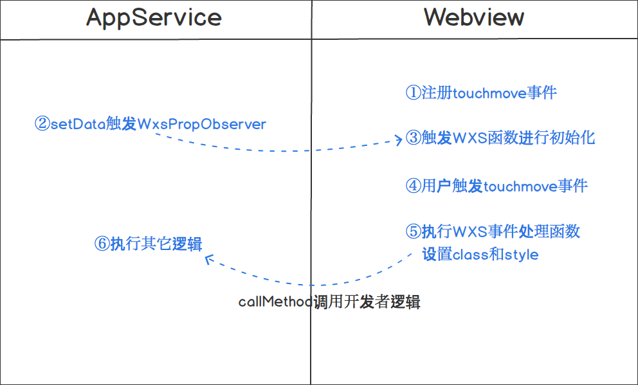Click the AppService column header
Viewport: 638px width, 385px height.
coord(154,18)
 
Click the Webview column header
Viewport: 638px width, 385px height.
coord(474,18)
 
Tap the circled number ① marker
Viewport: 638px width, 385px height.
coord(413,93)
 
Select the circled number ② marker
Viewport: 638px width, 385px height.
coord(42,124)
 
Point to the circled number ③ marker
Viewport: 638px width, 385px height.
coord(413,138)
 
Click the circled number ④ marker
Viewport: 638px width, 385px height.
coord(413,186)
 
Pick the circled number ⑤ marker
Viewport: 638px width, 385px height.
coord(413,231)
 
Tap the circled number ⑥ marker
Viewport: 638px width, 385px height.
coord(102,244)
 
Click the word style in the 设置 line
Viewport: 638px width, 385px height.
coord(522,255)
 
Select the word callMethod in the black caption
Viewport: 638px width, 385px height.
coord(275,302)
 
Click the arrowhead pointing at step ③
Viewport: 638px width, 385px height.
coord(399,140)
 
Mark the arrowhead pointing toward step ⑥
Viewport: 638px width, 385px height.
coord(208,259)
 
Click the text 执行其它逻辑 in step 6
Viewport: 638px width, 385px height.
coord(156,244)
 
